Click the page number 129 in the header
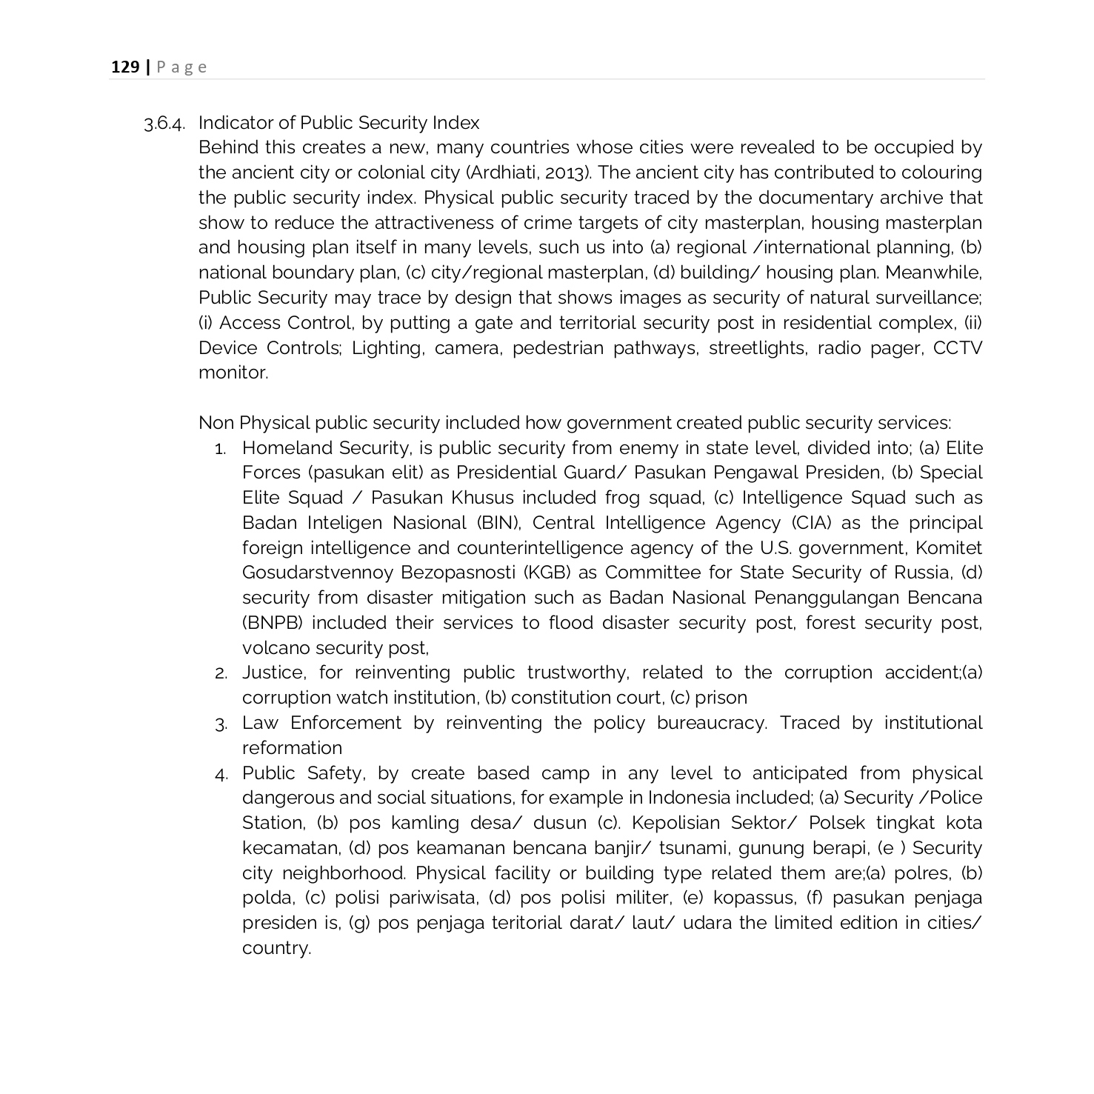click(125, 67)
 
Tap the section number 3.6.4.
click(164, 123)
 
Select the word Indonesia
click(689, 798)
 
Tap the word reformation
click(292, 748)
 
